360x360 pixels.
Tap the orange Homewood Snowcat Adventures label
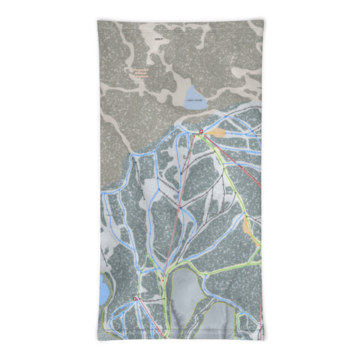pos(136,73)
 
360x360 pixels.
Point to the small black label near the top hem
pos(157,39)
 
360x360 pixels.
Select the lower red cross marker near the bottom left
pos(137,298)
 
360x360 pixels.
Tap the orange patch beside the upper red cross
pos(217,133)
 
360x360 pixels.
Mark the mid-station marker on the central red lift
pos(179,207)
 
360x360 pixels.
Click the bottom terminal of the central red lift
pos(164,273)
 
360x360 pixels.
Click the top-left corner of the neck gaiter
pos(98,20)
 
